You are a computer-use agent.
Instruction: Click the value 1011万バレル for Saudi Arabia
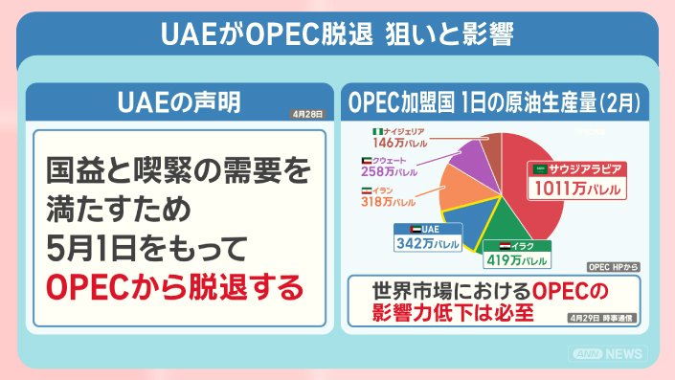click(x=576, y=189)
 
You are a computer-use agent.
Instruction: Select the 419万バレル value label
click(x=517, y=260)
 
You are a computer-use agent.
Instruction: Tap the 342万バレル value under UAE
click(x=428, y=243)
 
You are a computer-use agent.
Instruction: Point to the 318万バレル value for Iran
click(x=389, y=201)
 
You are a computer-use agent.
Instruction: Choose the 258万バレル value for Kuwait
click(x=389, y=171)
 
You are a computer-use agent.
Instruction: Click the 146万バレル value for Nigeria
click(x=400, y=143)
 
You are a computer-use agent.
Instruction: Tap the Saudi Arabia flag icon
click(x=540, y=169)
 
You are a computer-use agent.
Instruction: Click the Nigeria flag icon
click(x=377, y=131)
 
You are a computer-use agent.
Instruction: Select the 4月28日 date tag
click(x=307, y=114)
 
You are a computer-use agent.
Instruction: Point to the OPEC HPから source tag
click(x=613, y=267)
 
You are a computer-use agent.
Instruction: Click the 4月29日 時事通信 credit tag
click(x=601, y=318)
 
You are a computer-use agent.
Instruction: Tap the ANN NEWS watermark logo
click(x=608, y=354)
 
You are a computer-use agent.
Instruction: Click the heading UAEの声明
click(x=179, y=102)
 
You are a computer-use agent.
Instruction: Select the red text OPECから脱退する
click(x=175, y=287)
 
